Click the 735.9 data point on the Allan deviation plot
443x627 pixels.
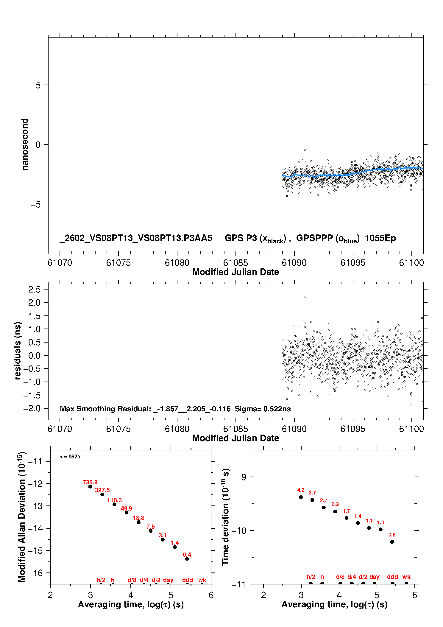point(90,486)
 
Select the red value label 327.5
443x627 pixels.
point(102,490)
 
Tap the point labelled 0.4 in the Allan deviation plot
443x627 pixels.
point(187,559)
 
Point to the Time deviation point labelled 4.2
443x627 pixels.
point(301,497)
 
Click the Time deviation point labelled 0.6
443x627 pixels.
point(392,542)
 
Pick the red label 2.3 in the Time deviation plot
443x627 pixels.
point(335,504)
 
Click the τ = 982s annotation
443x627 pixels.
point(70,457)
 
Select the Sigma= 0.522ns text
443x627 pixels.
point(263,409)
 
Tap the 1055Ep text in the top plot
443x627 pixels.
point(380,238)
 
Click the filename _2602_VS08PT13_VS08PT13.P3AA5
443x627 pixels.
point(136,238)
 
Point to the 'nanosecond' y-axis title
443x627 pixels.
point(25,144)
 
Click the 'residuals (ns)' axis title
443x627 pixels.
point(18,351)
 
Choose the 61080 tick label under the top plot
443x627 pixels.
point(177,263)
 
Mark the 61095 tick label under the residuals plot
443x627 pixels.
point(353,429)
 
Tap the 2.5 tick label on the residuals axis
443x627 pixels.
point(34,289)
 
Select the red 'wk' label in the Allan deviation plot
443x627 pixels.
point(202,580)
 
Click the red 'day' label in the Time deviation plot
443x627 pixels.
point(374,577)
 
